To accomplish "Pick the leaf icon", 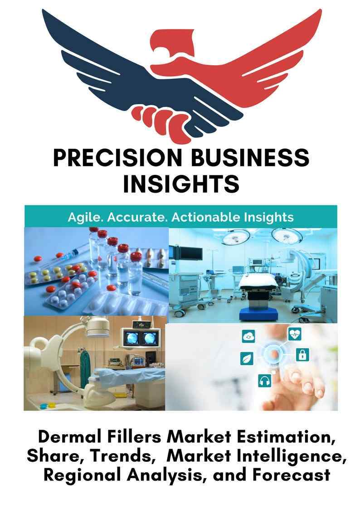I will pos(247,359).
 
